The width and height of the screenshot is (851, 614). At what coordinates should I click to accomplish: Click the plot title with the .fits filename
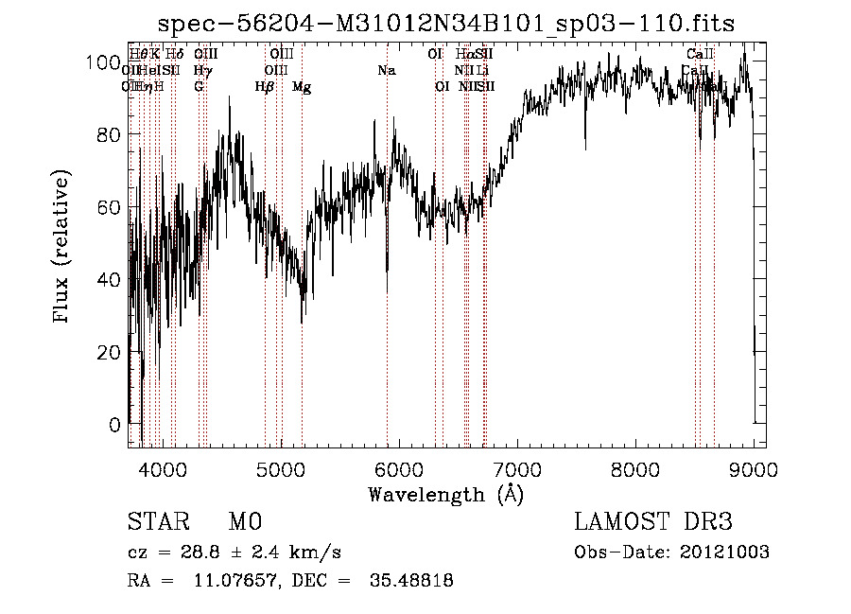[x=446, y=22]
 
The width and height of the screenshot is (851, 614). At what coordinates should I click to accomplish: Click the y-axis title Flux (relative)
[x=63, y=249]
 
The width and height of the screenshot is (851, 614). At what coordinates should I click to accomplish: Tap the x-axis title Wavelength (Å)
[x=446, y=494]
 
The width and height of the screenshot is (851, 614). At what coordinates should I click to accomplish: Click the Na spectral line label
[x=386, y=71]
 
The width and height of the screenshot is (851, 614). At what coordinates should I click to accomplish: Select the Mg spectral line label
[x=302, y=87]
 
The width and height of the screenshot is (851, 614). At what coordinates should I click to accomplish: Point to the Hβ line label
[x=265, y=87]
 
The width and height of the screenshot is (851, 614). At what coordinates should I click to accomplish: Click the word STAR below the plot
[x=157, y=522]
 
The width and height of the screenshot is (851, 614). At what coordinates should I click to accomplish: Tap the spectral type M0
[x=244, y=522]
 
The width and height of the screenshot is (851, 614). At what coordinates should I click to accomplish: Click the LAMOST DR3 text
[x=652, y=522]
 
